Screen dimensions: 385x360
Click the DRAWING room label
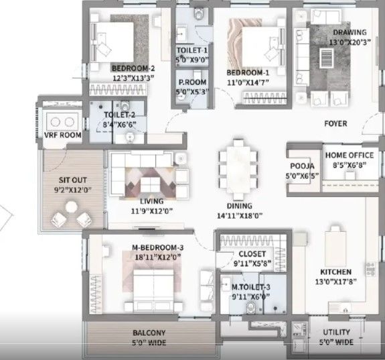(x=350, y=32)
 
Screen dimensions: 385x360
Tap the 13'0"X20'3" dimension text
(x=350, y=42)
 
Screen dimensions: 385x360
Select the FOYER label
(x=335, y=123)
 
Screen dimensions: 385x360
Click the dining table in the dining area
(x=238, y=170)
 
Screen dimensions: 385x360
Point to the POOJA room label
(x=302, y=166)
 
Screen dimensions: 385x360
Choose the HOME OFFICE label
(x=350, y=155)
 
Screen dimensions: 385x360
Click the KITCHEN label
(x=335, y=272)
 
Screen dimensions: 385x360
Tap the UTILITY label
(x=336, y=333)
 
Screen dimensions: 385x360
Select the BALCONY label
(x=149, y=333)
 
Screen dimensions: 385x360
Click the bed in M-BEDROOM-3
(x=154, y=288)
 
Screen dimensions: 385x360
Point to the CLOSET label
(x=252, y=254)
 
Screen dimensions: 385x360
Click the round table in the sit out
(x=72, y=206)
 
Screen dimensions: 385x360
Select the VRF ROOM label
(x=63, y=135)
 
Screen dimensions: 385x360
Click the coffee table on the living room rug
(x=150, y=184)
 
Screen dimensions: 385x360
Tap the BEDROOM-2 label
(x=133, y=68)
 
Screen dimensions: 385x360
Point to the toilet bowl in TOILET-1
(x=199, y=13)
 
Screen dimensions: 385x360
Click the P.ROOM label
(x=193, y=82)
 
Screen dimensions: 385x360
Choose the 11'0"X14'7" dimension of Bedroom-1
(x=248, y=82)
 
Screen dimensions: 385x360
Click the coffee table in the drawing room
(x=327, y=57)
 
